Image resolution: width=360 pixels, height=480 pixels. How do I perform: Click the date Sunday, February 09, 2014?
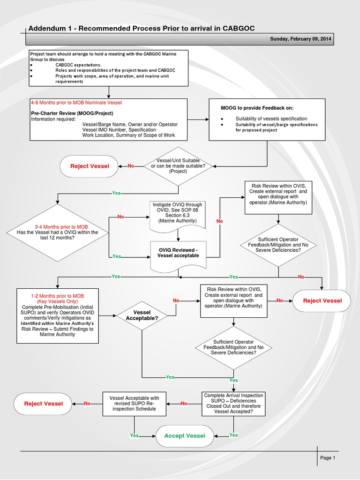coord(300,40)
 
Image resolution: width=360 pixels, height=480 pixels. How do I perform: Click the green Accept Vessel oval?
coord(185,435)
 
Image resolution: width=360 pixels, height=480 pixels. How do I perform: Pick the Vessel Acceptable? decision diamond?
coord(142,315)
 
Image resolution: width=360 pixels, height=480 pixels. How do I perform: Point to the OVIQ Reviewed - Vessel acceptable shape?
coord(178,253)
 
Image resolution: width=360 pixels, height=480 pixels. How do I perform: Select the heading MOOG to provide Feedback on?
coord(257,108)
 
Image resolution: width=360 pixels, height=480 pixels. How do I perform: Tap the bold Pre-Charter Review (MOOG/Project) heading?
coord(72,113)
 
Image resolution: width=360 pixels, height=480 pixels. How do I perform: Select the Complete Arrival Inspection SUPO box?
coord(233,403)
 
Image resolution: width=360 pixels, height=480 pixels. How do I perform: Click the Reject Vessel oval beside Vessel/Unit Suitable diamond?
coord(90,166)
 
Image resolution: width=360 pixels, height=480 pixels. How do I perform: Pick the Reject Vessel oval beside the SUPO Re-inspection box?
coord(43,404)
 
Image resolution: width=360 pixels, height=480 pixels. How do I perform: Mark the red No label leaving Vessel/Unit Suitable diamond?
coord(131,166)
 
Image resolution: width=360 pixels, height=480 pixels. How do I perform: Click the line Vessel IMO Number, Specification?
coord(119,130)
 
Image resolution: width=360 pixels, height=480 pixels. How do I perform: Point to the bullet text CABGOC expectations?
coord(78,65)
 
